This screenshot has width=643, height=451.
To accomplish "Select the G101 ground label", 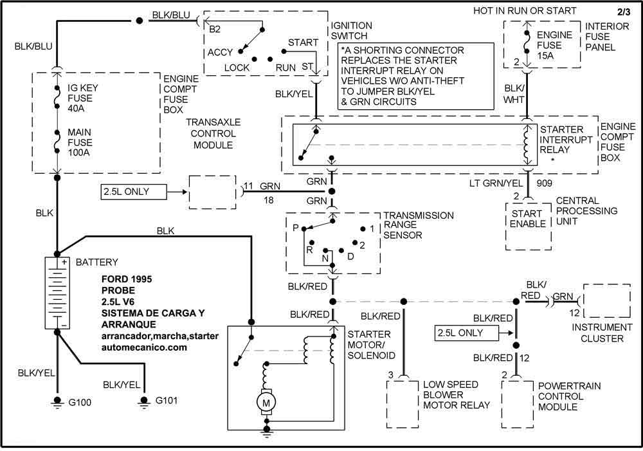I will coord(167,401).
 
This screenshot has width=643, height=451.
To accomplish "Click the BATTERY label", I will coord(96,263).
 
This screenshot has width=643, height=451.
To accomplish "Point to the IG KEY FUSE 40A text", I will coord(80,98).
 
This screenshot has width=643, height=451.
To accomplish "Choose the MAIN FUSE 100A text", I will coord(80,142).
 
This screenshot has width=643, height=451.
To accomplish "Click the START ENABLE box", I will coord(528,219).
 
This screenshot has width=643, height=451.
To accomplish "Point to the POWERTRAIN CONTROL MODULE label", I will coord(560,396).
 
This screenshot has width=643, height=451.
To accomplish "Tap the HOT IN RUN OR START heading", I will coord(525,11).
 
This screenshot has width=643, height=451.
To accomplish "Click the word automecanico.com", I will coord(144,347).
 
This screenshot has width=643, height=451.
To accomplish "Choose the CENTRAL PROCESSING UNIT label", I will coord(586,211).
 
